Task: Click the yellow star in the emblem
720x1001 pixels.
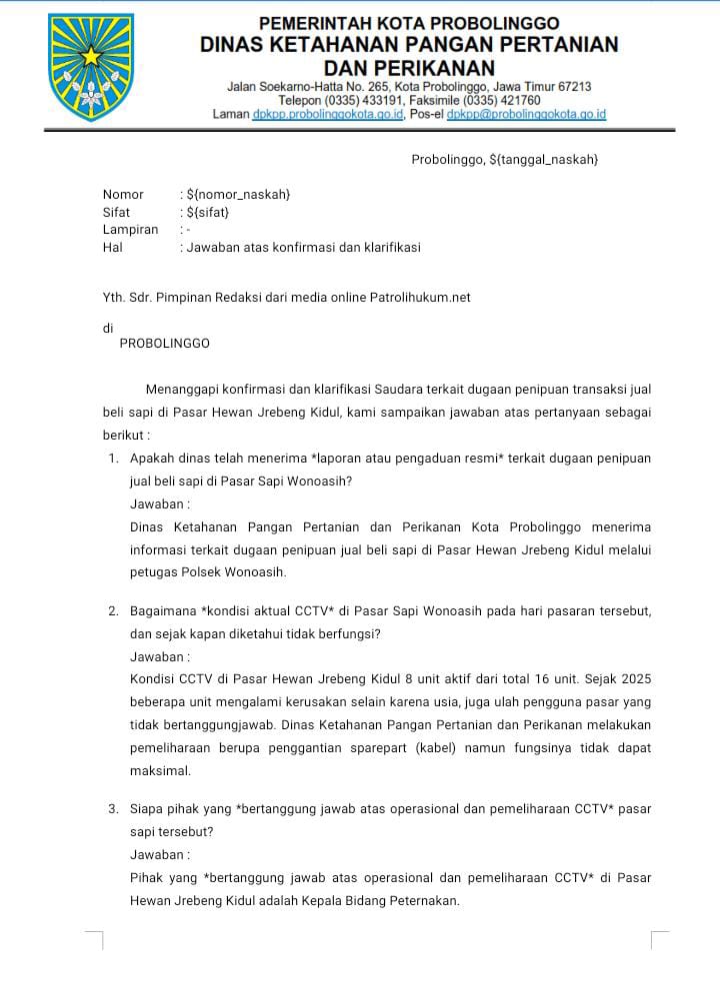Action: (91, 56)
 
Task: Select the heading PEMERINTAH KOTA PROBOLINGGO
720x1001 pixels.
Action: (409, 23)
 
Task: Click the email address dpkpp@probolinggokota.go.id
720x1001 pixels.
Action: (526, 115)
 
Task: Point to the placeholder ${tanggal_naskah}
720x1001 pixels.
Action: (544, 160)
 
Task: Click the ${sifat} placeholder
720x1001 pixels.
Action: (208, 212)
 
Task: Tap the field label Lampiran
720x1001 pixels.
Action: (130, 230)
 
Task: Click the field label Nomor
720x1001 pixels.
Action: (123, 195)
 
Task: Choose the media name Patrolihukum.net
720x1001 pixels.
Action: (420, 298)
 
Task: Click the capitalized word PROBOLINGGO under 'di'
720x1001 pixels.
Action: (164, 343)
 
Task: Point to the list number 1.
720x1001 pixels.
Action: (113, 459)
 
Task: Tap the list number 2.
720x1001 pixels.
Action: (113, 610)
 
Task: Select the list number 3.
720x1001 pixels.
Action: (113, 809)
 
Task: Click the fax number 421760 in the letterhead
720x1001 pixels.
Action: (517, 100)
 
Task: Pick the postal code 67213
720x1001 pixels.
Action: (572, 87)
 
